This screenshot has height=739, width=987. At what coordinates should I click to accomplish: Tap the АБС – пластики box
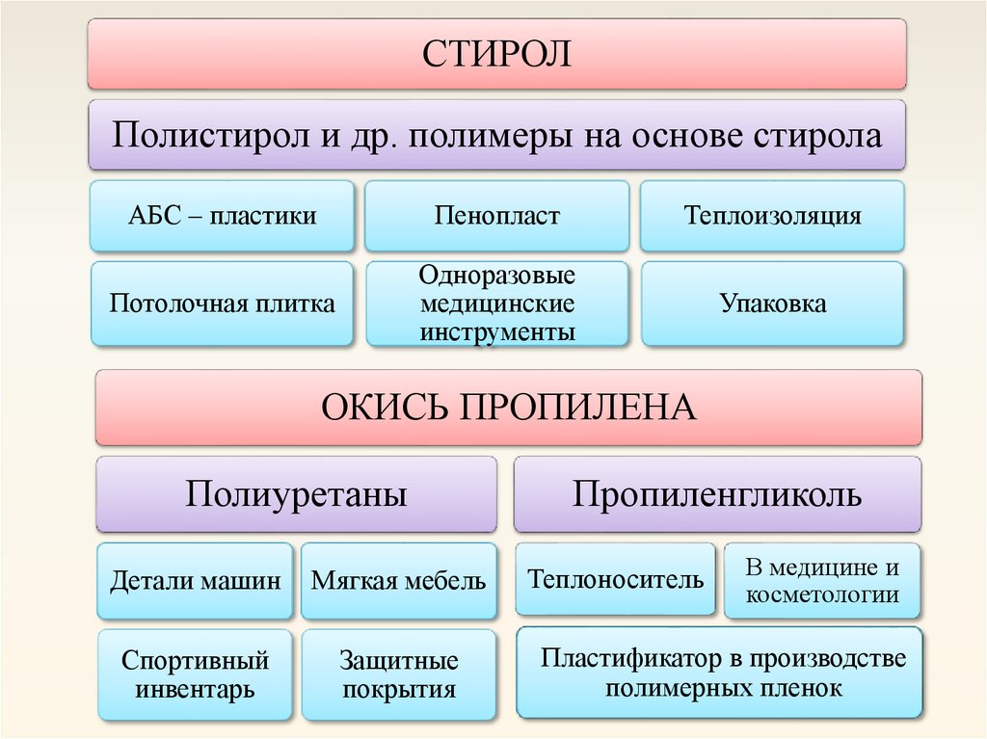(x=222, y=215)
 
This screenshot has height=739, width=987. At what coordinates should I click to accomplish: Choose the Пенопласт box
(x=496, y=215)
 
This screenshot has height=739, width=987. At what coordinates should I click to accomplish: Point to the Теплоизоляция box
(x=772, y=215)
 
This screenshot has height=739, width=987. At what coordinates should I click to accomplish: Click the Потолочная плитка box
(x=222, y=304)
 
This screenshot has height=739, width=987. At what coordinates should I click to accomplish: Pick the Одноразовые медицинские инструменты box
(x=496, y=304)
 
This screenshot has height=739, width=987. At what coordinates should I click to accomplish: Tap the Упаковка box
(x=772, y=304)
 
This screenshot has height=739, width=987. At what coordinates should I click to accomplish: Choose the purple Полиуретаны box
(x=296, y=495)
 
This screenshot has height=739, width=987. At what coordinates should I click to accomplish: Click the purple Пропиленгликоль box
(x=716, y=495)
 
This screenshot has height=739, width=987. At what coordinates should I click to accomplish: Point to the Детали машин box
(x=195, y=581)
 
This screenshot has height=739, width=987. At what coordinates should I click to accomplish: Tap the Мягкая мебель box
(x=398, y=581)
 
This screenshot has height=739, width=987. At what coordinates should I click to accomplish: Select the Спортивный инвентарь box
(x=195, y=674)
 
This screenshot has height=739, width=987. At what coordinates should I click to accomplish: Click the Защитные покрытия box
(x=398, y=674)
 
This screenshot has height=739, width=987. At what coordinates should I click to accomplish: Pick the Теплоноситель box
(x=615, y=579)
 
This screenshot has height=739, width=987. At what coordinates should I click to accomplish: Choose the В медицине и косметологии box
(x=821, y=580)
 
